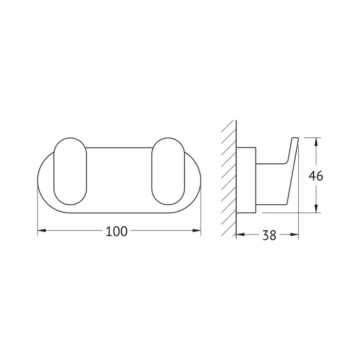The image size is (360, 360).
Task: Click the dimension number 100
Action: [116, 231]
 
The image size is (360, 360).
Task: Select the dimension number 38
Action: [269, 235]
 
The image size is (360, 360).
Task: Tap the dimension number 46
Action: [316, 176]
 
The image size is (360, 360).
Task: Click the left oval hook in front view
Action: [70, 171]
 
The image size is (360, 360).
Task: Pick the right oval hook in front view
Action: [168, 171]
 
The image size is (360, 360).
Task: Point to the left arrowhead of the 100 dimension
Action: [41, 230]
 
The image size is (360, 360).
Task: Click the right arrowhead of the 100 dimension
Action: [197, 230]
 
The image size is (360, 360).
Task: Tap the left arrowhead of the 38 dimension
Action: [240, 235]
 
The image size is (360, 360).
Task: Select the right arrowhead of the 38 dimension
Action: [295, 235]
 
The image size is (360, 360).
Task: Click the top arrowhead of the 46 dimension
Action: [316, 142]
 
